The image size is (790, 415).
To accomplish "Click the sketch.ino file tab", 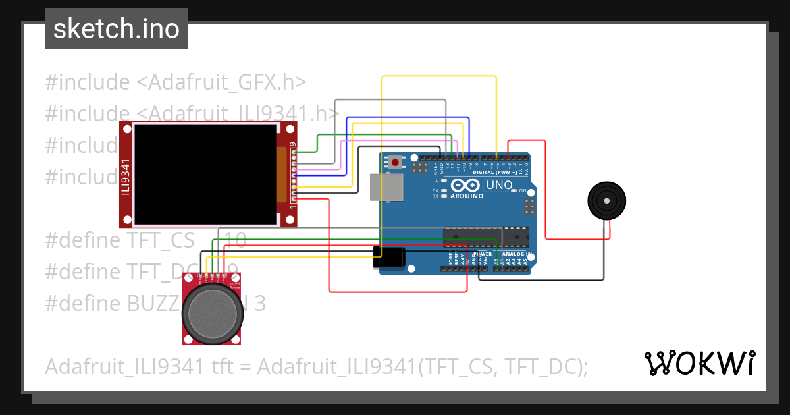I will click(117, 29).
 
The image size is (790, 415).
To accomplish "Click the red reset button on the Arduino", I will click(395, 162).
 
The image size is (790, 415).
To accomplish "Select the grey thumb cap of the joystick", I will click(214, 312).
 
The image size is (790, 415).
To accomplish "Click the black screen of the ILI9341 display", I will click(205, 175).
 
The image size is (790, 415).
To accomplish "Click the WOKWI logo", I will click(699, 363).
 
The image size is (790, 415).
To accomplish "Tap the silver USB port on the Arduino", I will click(387, 187).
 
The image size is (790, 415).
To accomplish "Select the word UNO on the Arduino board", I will click(499, 185).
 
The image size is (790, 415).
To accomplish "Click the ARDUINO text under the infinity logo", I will click(467, 196).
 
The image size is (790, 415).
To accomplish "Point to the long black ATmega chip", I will click(486, 236).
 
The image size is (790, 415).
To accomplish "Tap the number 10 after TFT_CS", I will click(235, 240).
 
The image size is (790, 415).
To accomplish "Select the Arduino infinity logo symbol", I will click(467, 185).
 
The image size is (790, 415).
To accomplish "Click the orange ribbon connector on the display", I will click(282, 175).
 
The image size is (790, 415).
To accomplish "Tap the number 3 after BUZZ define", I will click(260, 304).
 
